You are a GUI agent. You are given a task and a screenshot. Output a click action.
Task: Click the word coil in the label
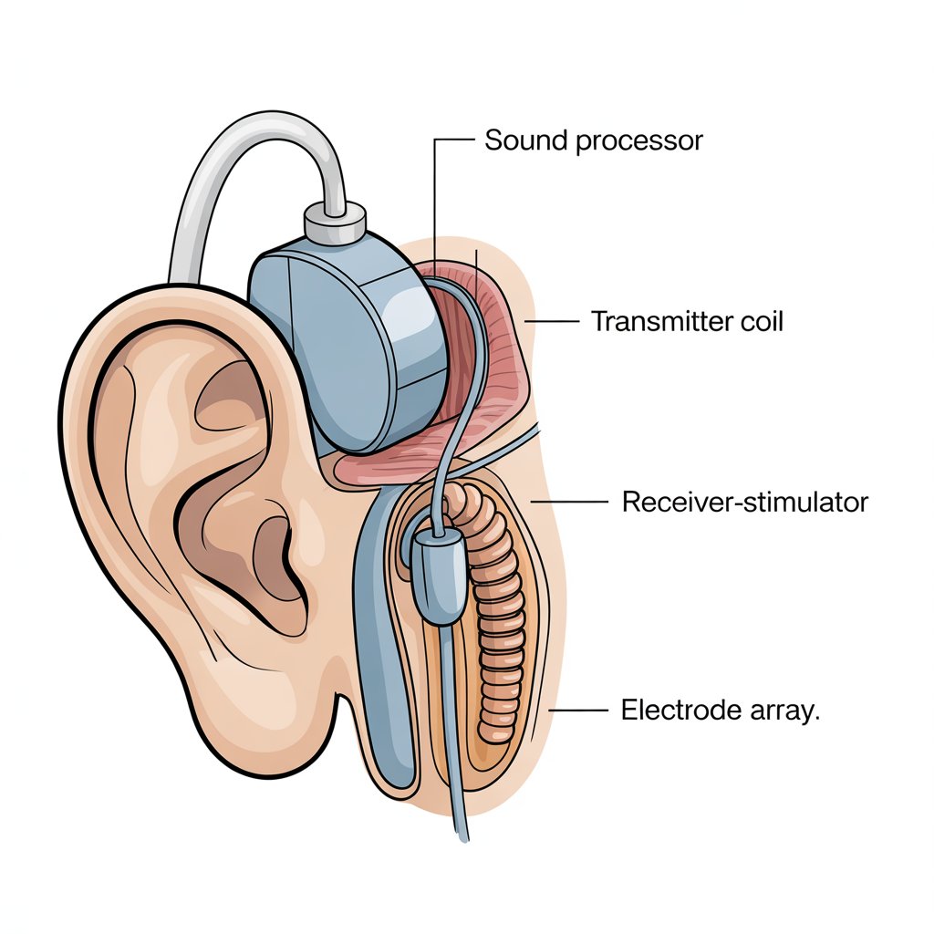(x=760, y=321)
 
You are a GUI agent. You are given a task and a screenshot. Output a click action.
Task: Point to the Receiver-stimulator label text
(x=744, y=502)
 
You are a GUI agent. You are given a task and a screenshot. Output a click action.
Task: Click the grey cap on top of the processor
(x=335, y=220)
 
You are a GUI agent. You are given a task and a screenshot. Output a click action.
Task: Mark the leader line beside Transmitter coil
(x=553, y=321)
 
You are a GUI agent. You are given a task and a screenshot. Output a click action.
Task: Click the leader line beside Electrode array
(x=576, y=710)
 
